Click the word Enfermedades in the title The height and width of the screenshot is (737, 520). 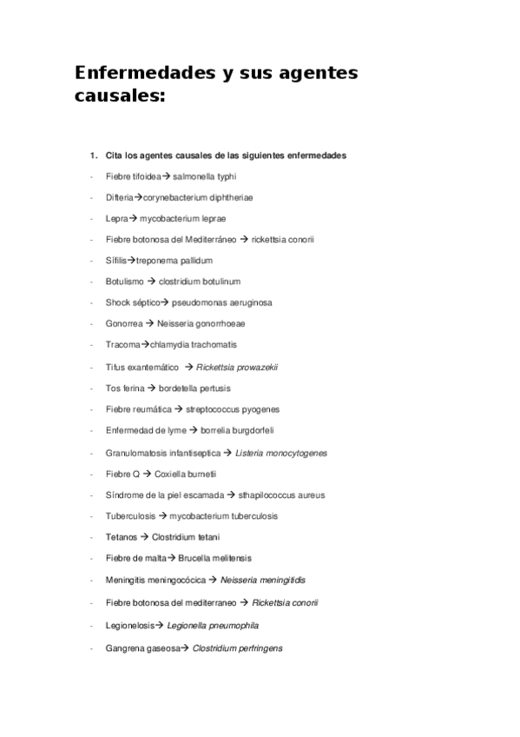pos(138,74)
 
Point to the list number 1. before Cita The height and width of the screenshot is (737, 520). pos(93,156)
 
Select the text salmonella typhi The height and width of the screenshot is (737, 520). pos(204,176)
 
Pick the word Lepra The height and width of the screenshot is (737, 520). pos(117,218)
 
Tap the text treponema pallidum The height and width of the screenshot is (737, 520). pos(174,261)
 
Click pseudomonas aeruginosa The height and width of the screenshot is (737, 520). pos(221,302)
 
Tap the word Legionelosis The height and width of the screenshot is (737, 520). pos(130,625)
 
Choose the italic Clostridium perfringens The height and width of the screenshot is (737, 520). pos(237,647)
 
